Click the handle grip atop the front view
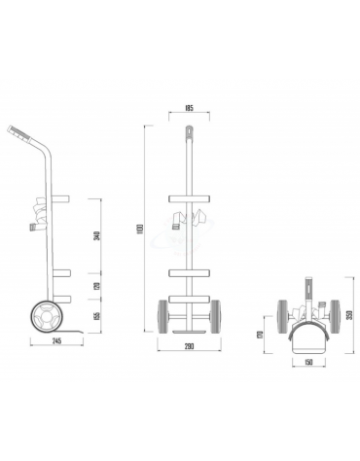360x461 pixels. (188, 131)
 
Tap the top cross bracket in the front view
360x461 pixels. (188, 200)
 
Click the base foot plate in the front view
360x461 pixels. (188, 335)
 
